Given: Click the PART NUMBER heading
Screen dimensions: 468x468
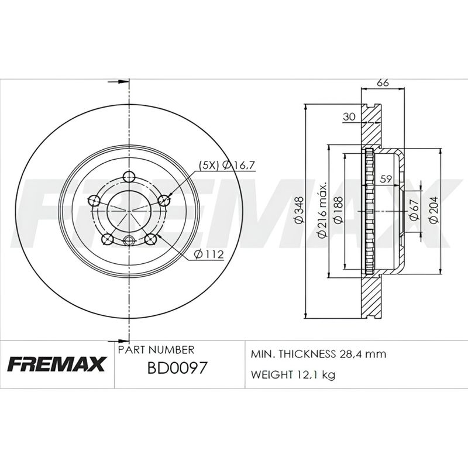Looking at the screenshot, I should tap(156, 350).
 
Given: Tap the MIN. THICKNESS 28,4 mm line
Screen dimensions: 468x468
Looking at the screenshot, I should tap(318, 355).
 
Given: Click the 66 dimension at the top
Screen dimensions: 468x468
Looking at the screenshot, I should tap(383, 82).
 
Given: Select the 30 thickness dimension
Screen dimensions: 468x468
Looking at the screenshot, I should tap(349, 117).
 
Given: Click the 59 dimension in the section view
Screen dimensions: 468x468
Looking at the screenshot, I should tap(386, 179).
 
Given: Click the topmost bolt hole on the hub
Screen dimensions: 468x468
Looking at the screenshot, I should tap(130, 177).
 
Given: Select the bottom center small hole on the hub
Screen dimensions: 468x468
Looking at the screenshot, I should tap(129, 239).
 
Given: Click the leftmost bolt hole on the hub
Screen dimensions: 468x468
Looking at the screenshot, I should tap(93, 201).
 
